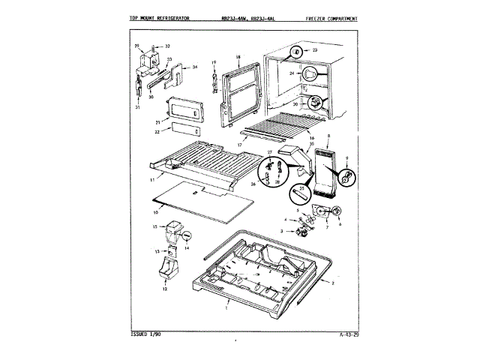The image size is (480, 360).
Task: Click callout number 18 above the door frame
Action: (x=237, y=57)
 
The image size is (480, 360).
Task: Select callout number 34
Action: (x=194, y=67)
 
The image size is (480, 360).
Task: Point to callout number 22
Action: (x=157, y=132)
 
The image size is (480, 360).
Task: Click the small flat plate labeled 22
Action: (x=182, y=129)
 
